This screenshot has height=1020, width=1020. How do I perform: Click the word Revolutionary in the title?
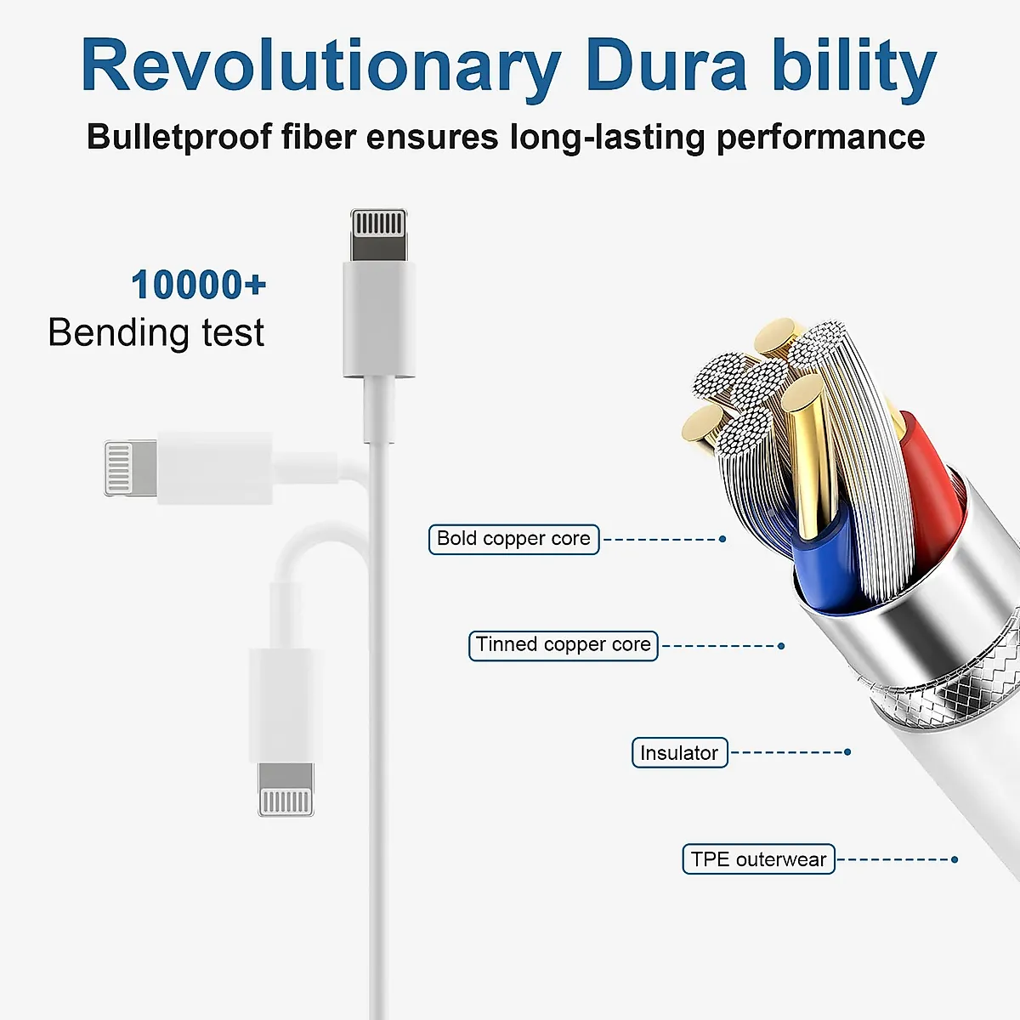(320, 68)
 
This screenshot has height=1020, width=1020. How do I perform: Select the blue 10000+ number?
(199, 285)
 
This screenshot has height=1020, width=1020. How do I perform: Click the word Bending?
(118, 333)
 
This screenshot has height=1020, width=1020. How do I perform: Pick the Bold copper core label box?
(513, 540)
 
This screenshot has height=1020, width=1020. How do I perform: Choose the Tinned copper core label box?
(564, 646)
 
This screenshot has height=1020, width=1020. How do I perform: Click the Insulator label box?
(680, 752)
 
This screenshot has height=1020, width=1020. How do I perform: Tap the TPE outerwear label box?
(758, 859)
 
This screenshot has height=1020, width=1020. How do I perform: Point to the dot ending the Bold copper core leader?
(722, 540)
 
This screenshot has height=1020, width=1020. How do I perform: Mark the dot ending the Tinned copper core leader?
(781, 646)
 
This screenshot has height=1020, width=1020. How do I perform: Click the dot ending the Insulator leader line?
(847, 752)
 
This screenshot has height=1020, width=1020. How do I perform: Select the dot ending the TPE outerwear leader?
(955, 859)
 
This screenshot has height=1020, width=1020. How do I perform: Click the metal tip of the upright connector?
(378, 234)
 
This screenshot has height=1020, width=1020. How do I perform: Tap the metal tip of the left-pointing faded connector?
(131, 467)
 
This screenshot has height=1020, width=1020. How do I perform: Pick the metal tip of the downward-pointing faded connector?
(286, 789)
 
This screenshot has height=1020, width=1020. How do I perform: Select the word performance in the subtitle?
(820, 137)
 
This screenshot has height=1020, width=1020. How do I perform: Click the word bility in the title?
(854, 68)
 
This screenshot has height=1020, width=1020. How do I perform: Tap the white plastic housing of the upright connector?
(379, 319)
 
